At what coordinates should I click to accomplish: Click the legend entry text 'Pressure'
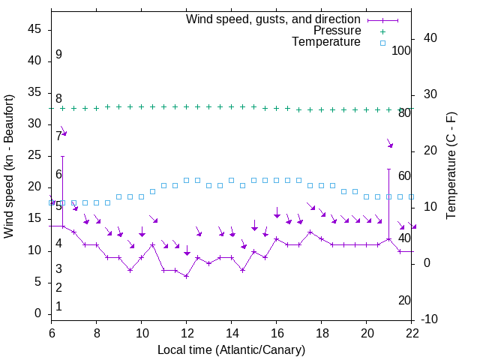pyautogui.click(x=337, y=31)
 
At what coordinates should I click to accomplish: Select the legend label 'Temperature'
pyautogui.click(x=326, y=42)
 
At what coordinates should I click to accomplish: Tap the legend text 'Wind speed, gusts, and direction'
pyautogui.click(x=274, y=19)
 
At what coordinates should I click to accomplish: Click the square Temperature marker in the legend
pyautogui.click(x=382, y=43)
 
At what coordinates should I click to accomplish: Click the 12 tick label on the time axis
pyautogui.click(x=186, y=334)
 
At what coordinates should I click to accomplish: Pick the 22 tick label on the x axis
pyautogui.click(x=412, y=334)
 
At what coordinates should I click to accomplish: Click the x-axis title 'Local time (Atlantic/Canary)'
pyautogui.click(x=231, y=349)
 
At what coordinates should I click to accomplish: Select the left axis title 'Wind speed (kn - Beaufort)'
pyautogui.click(x=10, y=166)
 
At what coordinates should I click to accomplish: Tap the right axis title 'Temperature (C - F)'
pyautogui.click(x=451, y=166)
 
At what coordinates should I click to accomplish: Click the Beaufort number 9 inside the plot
pyautogui.click(x=58, y=55)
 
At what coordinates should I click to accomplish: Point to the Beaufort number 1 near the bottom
pyautogui.click(x=58, y=307)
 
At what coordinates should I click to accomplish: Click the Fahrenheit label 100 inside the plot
pyautogui.click(x=402, y=50)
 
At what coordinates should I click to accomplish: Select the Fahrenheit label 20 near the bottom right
pyautogui.click(x=404, y=300)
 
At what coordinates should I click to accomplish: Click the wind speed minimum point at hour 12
pyautogui.click(x=186, y=276)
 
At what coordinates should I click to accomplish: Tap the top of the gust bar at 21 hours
pyautogui.click(x=388, y=169)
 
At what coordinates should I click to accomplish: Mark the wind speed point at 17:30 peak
pyautogui.click(x=310, y=232)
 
